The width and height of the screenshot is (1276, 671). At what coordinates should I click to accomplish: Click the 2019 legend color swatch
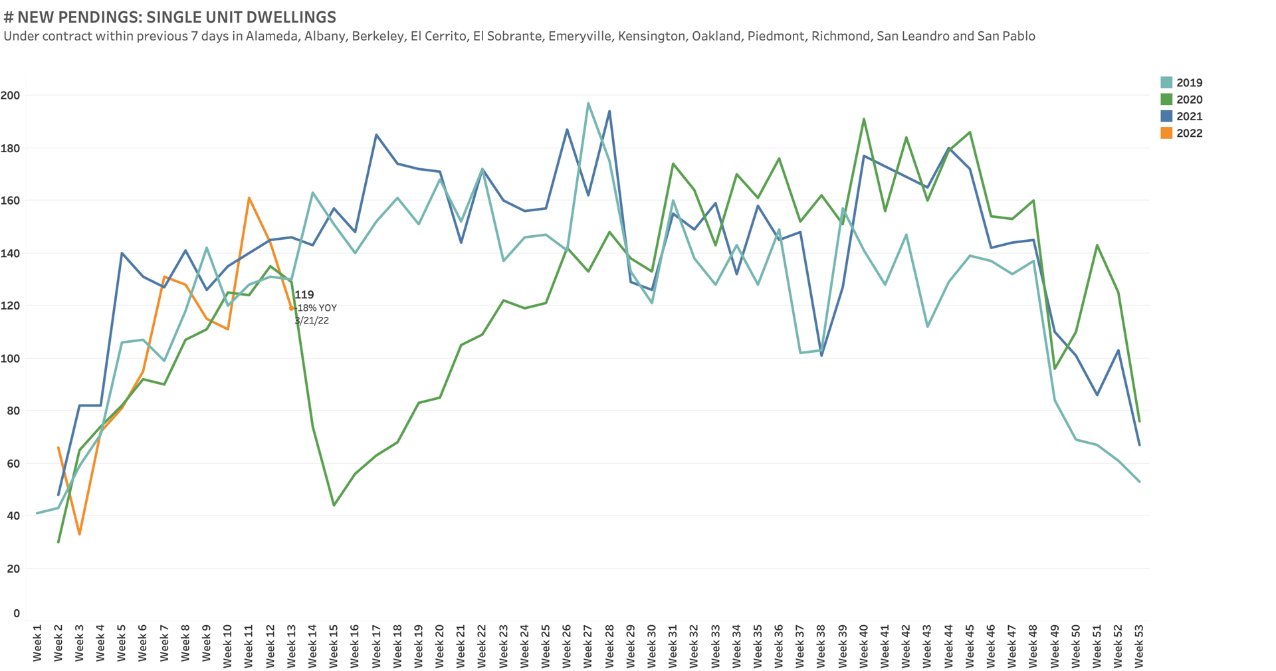[x=1166, y=83]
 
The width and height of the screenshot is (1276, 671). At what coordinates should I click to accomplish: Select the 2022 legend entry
[x=1189, y=134]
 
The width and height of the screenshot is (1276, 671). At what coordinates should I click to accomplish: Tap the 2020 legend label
[x=1189, y=100]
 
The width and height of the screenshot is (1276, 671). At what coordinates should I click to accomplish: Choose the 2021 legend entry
[x=1189, y=116]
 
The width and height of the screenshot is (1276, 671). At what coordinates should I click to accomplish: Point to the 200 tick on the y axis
[x=11, y=96]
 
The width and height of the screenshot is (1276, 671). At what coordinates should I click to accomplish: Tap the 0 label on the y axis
[x=17, y=614]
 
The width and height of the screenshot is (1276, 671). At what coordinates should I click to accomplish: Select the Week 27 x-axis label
[x=588, y=642]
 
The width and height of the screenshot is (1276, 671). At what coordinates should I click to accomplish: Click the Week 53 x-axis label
[x=1139, y=642]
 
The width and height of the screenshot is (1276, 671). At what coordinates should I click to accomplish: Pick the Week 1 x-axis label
[x=37, y=642]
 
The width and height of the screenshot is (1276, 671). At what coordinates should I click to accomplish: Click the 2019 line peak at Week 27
[x=588, y=103]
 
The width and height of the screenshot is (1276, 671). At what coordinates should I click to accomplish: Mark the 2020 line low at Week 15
[x=334, y=506]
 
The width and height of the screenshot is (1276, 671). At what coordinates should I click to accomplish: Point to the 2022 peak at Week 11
[x=249, y=198]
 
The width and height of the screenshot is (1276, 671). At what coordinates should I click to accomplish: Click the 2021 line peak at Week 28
[x=609, y=112]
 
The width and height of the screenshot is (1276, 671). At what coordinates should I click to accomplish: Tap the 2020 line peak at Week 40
[x=863, y=120]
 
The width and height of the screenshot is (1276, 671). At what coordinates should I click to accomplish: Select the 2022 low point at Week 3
[x=80, y=534]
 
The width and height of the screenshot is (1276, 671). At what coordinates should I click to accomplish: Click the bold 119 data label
[x=304, y=295]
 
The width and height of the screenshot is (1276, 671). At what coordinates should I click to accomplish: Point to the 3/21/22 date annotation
[x=312, y=321]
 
